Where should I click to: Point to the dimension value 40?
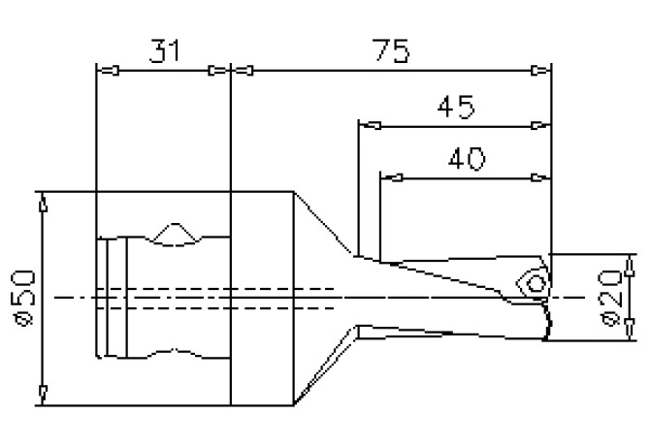pos(466,159)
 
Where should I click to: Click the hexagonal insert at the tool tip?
pos(533,282)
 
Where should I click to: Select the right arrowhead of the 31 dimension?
pos(218,71)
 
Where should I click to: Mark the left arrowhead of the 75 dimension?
pos(244,71)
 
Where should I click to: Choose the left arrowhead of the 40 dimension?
pos(392,177)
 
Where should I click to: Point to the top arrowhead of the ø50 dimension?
pos(43,203)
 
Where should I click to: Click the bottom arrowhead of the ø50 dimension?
pos(43,392)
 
